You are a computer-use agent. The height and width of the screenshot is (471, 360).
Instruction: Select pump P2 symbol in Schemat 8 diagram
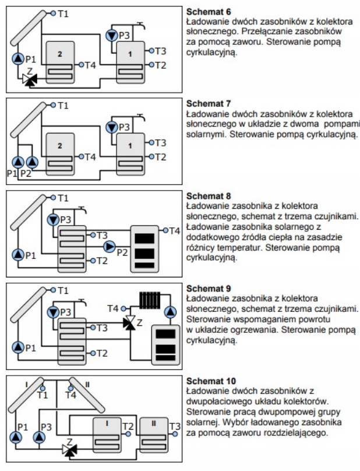click(x=110, y=247)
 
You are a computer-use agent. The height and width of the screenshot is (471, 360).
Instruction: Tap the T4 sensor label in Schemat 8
click(x=174, y=231)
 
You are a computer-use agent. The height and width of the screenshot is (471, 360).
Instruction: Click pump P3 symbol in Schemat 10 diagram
click(x=40, y=435)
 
